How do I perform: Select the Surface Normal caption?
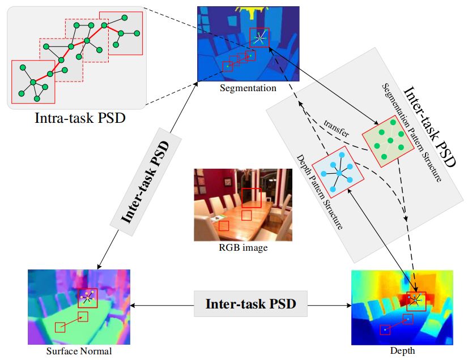(x=79, y=352)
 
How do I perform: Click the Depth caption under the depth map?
(x=403, y=352)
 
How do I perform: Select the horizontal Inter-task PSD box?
(x=250, y=304)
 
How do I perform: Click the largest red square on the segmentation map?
(x=259, y=37)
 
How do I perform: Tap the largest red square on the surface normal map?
(x=88, y=298)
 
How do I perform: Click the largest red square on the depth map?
(x=416, y=301)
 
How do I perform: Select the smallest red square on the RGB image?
(x=224, y=225)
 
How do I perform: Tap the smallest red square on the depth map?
(x=385, y=329)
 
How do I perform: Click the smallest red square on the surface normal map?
(x=60, y=327)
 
